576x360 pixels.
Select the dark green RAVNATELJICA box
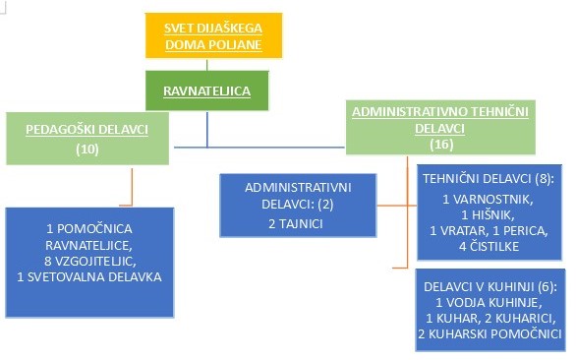(207, 91)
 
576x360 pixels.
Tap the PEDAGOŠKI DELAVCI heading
(85, 129)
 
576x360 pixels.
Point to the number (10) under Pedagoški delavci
(86, 150)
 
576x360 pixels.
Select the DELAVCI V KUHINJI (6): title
(489, 286)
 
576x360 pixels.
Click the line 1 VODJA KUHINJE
(489, 303)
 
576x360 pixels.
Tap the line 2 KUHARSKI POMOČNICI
(489, 334)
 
